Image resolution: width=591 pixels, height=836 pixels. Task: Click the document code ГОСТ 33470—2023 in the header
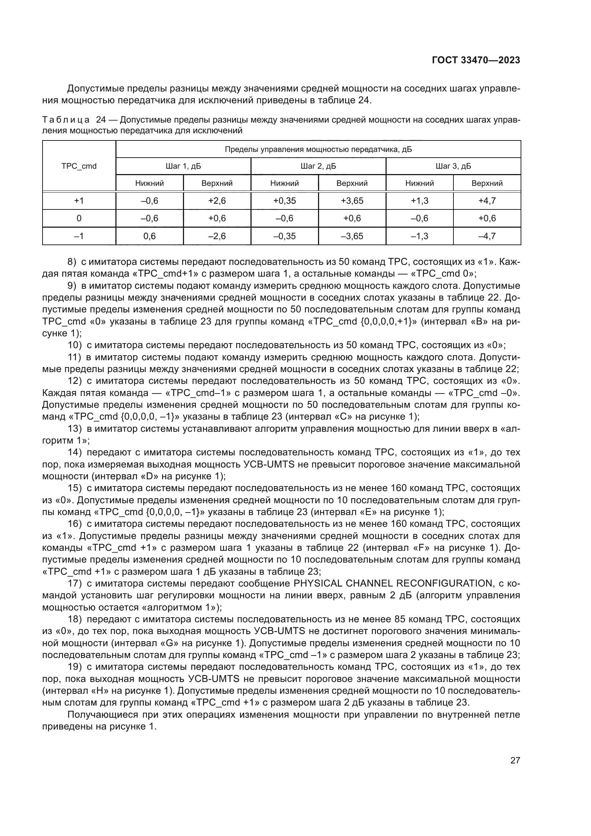[476, 60]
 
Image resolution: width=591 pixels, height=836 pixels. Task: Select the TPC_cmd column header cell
[79, 166]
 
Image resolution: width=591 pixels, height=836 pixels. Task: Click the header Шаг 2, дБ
[318, 167]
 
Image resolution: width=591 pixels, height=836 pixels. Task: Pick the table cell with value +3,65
[352, 201]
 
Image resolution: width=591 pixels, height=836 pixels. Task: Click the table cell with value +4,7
[487, 201]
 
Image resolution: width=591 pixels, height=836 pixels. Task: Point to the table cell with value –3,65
[352, 236]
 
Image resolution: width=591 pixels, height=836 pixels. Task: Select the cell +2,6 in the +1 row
[217, 201]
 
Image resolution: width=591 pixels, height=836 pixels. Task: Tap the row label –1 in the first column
[79, 236]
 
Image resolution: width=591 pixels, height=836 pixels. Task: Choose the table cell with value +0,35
[284, 201]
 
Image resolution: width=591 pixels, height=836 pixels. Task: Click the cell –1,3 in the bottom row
[419, 236]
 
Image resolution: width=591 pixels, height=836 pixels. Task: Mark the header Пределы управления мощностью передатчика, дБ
[318, 149]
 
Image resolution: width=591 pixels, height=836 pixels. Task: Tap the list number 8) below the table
[72, 262]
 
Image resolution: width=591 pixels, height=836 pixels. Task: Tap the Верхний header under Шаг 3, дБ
[487, 183]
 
